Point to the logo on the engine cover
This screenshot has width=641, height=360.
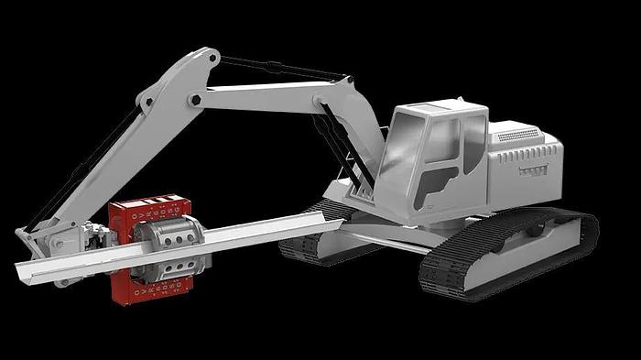click(x=532, y=170)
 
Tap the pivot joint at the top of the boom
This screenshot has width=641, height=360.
click(x=205, y=61)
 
